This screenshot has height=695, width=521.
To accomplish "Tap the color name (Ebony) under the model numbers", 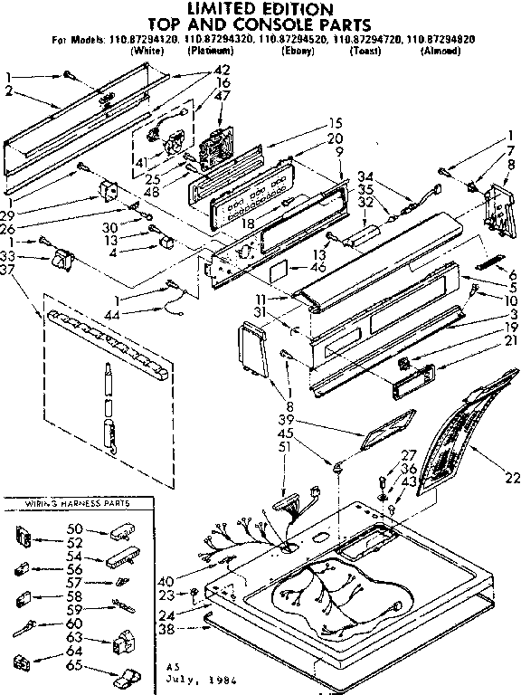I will point(298,51).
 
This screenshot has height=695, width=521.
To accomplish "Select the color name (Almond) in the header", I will point(441,51).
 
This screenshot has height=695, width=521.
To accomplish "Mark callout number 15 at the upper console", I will point(310,123).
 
